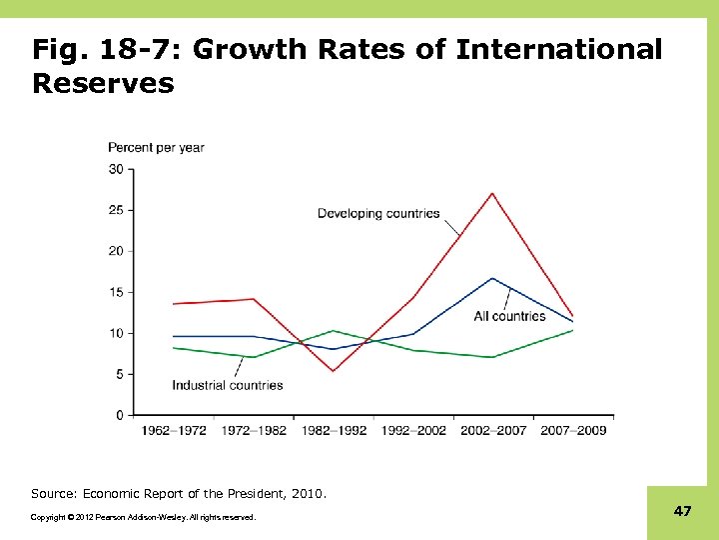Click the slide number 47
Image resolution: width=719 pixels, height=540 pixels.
pos(682,511)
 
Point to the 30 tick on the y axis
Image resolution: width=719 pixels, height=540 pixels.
pos(116,169)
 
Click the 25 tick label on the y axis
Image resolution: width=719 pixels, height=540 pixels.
pos(116,210)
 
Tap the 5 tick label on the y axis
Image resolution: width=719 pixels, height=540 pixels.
pos(119,374)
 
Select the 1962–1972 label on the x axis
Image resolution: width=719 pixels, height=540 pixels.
pos(174,430)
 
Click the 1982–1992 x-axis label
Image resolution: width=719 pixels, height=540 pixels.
pos(334,430)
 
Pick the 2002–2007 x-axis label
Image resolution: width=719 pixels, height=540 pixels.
pos(493,430)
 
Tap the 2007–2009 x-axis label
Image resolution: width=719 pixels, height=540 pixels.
pos(573,430)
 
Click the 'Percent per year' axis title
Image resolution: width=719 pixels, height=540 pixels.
pos(156,147)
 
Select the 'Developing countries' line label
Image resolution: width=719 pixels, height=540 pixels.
pos(378,213)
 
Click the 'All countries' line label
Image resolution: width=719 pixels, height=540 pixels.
pos(509,316)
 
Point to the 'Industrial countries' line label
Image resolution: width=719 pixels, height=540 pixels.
pos(228,385)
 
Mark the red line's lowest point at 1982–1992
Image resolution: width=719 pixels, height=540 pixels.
pos(334,371)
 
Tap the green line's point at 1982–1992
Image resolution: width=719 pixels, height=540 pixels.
pos(334,330)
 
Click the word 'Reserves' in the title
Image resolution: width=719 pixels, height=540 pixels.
pos(103,83)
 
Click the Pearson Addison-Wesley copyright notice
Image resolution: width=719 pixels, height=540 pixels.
pos(143,517)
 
